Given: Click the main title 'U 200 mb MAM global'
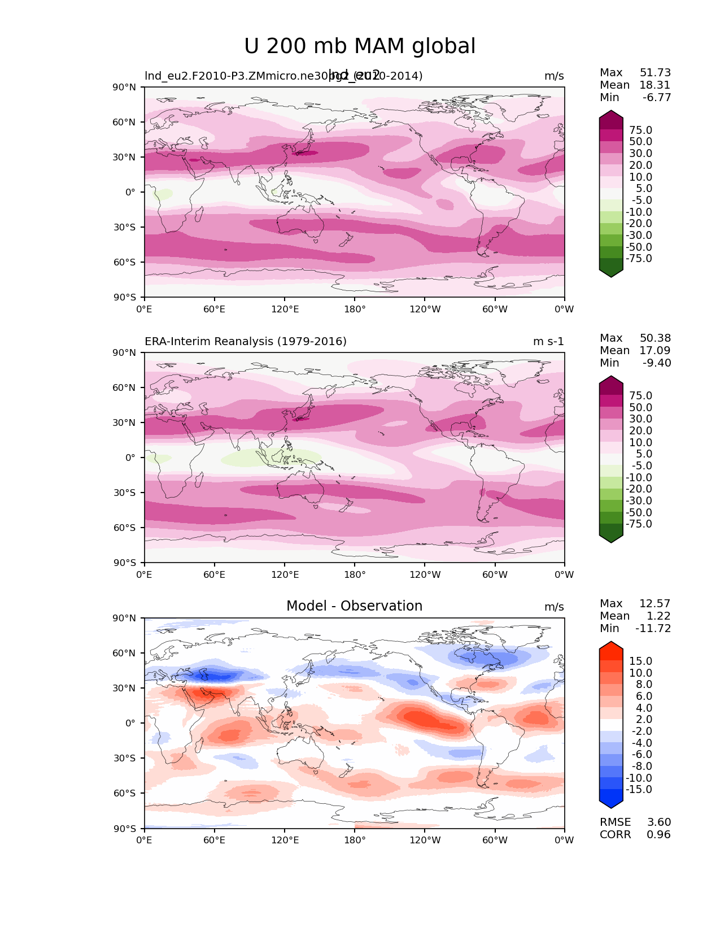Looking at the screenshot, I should click(x=360, y=46).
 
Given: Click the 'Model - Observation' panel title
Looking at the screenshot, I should click(x=354, y=606).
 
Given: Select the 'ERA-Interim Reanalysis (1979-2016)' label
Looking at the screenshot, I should click(x=246, y=342).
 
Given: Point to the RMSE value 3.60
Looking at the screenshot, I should click(x=659, y=822).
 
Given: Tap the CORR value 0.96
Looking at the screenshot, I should click(x=659, y=835).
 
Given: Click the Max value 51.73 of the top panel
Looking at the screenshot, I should click(x=655, y=73).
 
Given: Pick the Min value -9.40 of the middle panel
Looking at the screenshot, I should click(x=657, y=363).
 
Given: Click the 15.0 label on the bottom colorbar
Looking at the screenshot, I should click(x=640, y=661).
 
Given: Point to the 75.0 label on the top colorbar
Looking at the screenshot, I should click(x=640, y=130).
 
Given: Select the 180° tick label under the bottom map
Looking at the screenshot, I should click(x=355, y=840).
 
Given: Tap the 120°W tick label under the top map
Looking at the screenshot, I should click(x=425, y=310).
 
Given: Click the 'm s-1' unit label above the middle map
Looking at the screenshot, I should click(x=548, y=342).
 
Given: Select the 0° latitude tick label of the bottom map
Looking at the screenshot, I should click(x=130, y=724).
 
